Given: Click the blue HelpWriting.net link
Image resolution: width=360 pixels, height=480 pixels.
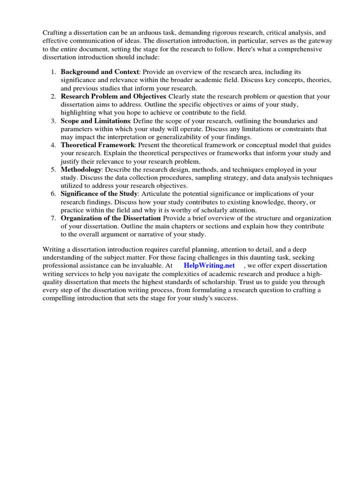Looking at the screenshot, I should (210, 265).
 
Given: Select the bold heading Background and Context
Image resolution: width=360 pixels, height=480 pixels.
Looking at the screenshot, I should (100, 72).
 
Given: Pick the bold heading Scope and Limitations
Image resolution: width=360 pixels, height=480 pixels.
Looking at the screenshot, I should (95, 120).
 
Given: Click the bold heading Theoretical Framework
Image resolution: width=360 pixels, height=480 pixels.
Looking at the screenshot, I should (97, 145).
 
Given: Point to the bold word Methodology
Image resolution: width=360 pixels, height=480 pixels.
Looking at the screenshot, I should (81, 169).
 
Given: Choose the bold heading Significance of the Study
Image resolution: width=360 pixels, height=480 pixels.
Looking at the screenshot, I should (99, 194).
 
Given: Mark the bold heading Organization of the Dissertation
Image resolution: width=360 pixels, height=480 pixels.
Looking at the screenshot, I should (111, 218).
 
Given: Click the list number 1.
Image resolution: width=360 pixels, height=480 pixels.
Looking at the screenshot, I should (53, 72).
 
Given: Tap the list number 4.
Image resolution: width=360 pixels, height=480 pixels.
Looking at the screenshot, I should (53, 145).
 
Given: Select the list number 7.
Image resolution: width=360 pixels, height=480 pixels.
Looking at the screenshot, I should (53, 218).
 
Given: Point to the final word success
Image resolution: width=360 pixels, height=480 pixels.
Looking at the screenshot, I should (226, 298).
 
